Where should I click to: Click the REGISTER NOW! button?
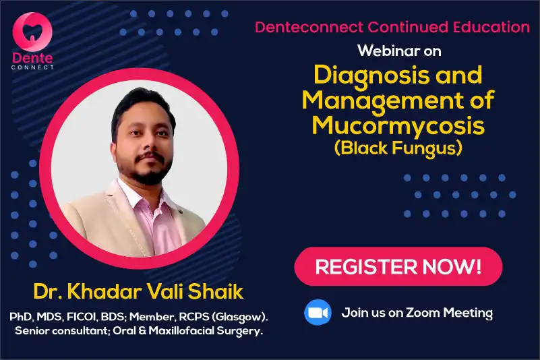(x=398, y=266)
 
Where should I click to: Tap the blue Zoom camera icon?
(x=318, y=312)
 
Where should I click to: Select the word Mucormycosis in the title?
(x=398, y=126)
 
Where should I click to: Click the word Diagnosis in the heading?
(x=371, y=76)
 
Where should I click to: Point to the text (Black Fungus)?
(x=398, y=148)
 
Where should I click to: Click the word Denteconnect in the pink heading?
(x=309, y=27)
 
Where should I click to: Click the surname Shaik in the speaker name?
(x=216, y=291)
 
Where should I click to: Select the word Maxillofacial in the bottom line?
(x=181, y=331)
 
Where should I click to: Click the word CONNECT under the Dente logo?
(x=32, y=67)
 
